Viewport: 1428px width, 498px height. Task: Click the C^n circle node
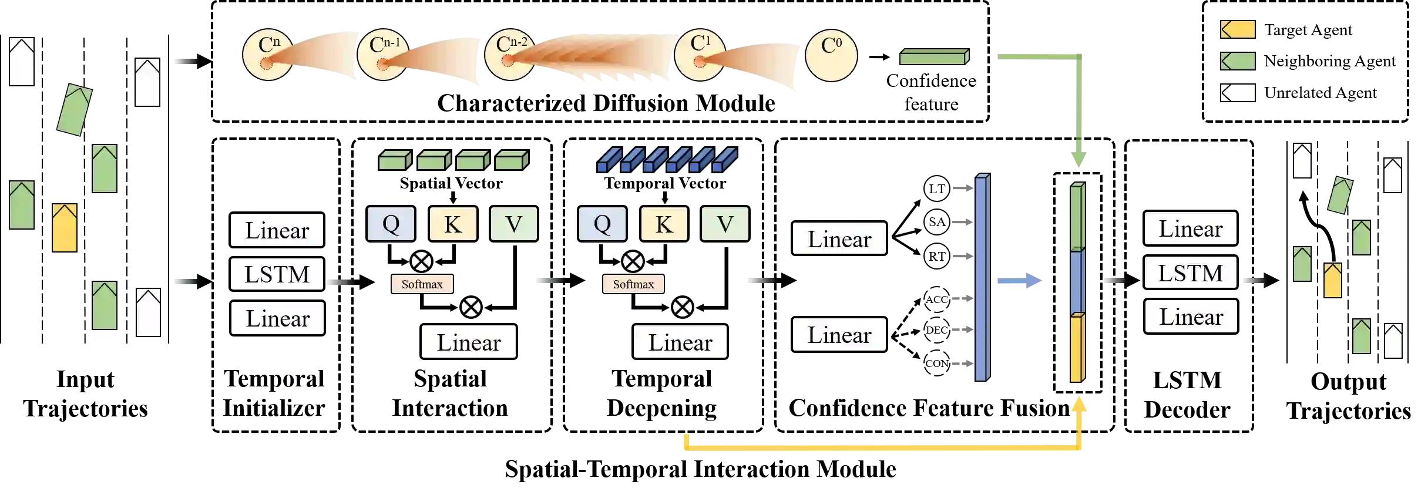click(267, 55)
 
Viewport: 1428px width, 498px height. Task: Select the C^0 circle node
click(831, 56)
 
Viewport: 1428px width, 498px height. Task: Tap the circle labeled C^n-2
click(509, 55)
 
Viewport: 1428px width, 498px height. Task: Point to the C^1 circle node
click(700, 55)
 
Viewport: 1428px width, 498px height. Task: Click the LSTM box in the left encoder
click(277, 274)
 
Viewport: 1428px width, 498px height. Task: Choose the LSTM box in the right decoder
click(1190, 273)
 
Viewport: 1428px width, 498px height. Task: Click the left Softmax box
click(422, 284)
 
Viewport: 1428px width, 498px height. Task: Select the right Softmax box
click(633, 284)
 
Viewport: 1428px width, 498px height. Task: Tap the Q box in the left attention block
click(391, 224)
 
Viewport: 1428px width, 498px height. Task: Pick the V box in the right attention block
click(725, 224)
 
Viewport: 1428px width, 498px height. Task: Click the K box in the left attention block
click(453, 224)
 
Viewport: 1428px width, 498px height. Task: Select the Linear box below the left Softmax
click(468, 342)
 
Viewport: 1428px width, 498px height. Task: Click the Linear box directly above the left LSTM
click(277, 230)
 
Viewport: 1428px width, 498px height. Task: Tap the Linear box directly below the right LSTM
click(1191, 317)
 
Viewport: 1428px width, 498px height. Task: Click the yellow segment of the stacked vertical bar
click(1077, 349)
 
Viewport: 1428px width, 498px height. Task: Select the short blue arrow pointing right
click(1019, 282)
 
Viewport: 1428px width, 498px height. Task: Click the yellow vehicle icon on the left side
click(65, 228)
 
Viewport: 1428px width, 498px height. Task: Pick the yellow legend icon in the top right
click(1238, 29)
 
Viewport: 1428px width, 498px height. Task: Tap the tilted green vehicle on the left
click(75, 110)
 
